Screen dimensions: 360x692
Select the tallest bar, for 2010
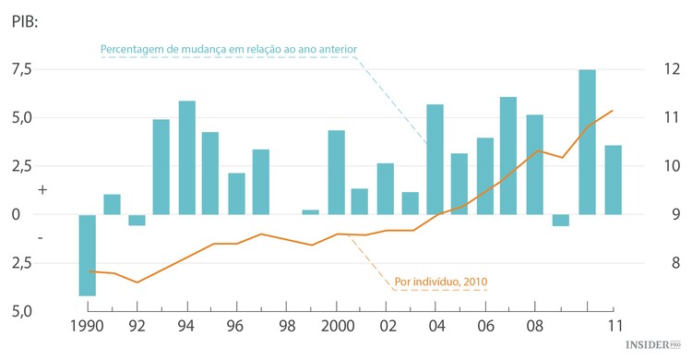click(587, 141)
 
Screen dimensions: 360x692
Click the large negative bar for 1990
click(87, 255)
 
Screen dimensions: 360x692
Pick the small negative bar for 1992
click(137, 220)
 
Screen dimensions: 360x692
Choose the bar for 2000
click(337, 172)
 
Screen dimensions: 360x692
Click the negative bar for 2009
click(561, 220)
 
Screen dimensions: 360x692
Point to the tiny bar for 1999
click(311, 211)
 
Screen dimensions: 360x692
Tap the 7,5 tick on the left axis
click(23, 69)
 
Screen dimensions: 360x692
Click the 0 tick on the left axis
click(16, 214)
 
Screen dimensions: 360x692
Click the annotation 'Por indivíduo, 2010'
click(441, 281)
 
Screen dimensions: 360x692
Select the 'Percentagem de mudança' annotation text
click(228, 48)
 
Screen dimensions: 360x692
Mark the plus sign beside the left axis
click(42, 188)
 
